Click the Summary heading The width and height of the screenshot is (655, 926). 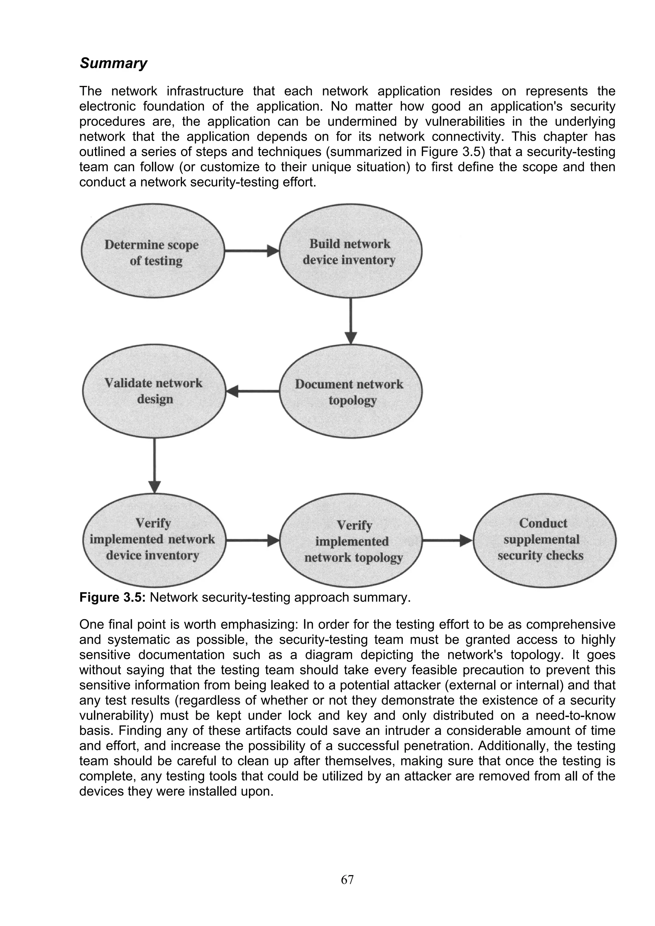(114, 63)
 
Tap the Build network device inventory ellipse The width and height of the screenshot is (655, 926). (350, 251)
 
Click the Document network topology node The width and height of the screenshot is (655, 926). (350, 391)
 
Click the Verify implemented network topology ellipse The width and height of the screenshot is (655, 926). (351, 540)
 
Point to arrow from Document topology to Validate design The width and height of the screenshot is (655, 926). (253, 391)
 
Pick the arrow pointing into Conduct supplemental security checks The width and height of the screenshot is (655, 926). (447, 540)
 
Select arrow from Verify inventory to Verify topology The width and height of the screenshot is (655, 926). (252, 540)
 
